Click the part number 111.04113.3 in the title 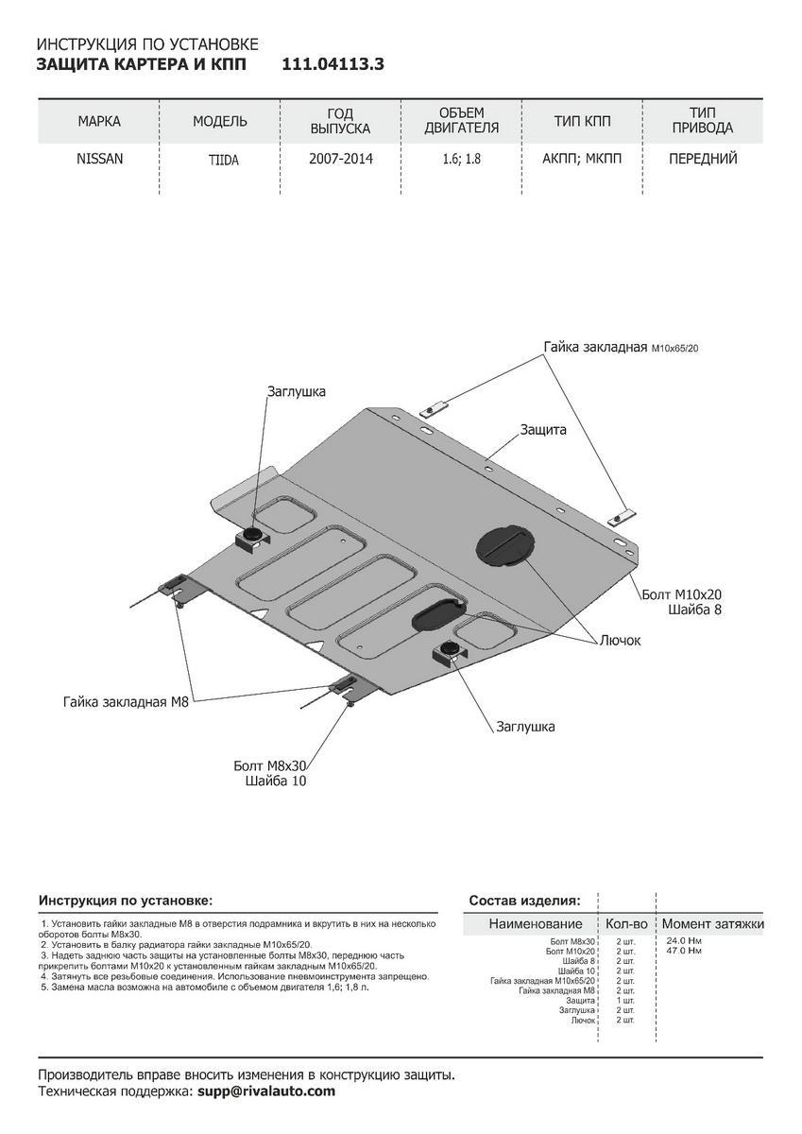coord(333,64)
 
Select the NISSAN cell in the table coord(99,159)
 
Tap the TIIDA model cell coord(224,161)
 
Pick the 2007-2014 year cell coord(340,159)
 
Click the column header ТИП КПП coord(583,122)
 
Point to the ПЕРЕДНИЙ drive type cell coord(703,159)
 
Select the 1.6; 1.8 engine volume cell coord(461,160)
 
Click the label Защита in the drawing coord(542,429)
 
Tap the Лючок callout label coord(619,640)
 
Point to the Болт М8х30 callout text coord(270,765)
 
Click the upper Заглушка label coord(296,390)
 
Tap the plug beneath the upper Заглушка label coord(253,536)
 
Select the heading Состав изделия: coord(524,900)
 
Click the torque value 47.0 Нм coord(684,951)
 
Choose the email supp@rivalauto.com coord(265,1091)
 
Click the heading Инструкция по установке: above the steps coord(126,900)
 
